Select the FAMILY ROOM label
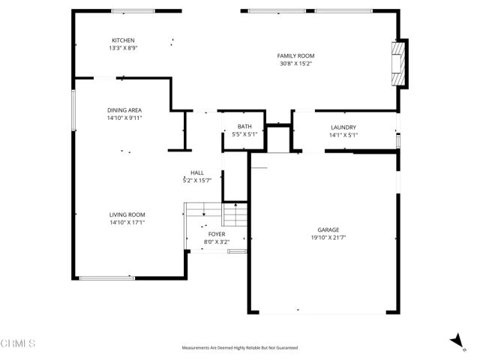click(295, 56)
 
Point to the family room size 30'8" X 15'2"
click(295, 64)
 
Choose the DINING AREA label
click(124, 110)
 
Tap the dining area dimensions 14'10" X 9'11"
click(124, 118)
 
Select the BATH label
click(244, 127)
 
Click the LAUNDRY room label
click(343, 127)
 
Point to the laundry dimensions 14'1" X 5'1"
click(343, 136)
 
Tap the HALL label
click(197, 172)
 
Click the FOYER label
click(216, 234)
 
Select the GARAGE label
click(328, 229)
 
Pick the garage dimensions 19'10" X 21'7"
click(328, 238)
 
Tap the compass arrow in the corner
click(455, 341)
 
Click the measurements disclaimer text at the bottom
click(240, 348)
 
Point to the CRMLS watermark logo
click(18, 343)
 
